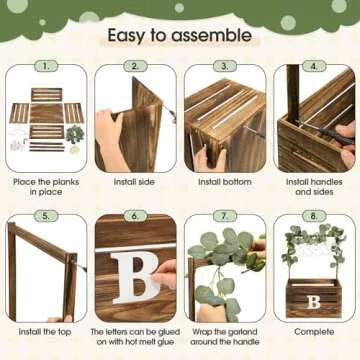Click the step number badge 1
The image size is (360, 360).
point(46,66)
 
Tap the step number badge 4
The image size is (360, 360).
point(314,66)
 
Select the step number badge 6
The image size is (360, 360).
point(135,216)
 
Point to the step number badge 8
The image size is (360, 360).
point(314,216)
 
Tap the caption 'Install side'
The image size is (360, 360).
point(134,182)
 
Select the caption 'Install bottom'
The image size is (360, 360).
point(225,182)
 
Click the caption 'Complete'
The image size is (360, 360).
point(314,332)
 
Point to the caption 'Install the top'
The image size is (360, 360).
point(45,332)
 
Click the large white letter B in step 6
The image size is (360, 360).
point(135,277)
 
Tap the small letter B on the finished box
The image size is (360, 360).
point(313,302)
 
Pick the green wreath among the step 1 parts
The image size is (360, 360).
point(75,134)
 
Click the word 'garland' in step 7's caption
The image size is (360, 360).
point(243,332)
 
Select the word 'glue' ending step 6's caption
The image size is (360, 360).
point(166,342)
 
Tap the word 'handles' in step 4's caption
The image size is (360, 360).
point(328,182)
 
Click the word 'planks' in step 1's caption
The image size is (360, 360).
point(66,182)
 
